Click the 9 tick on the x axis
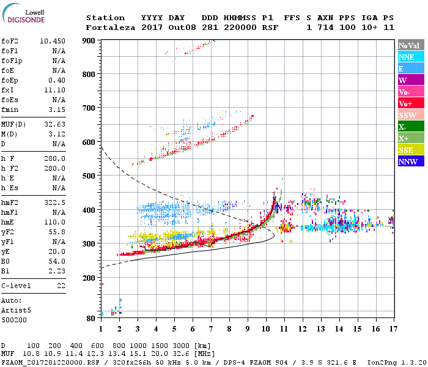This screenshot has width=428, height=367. coord(248,329)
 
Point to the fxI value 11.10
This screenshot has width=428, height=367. coord(56,90)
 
